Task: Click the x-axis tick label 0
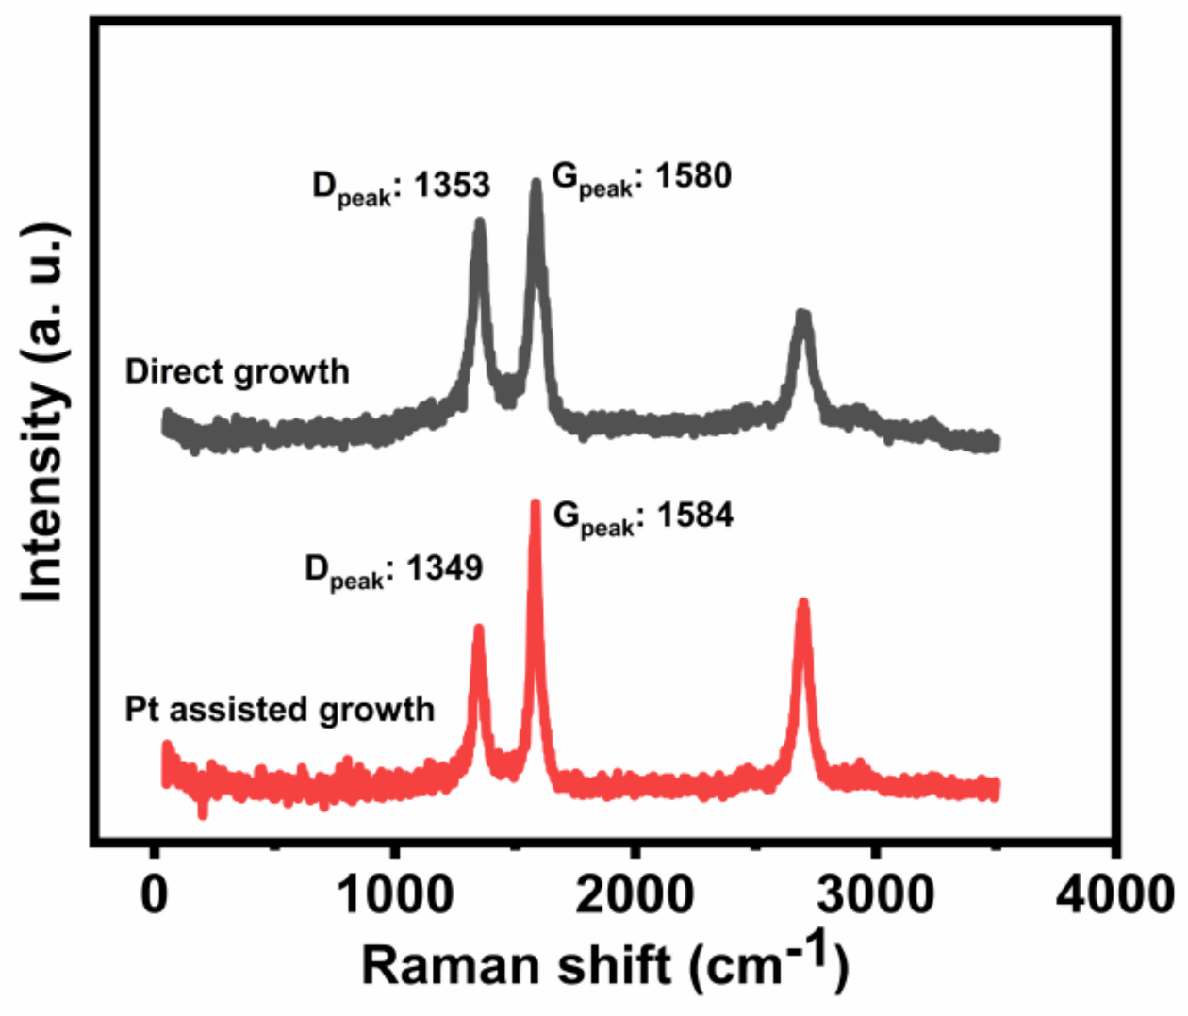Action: tap(154, 893)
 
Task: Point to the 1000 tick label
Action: tap(394, 893)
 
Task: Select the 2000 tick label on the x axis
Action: tap(635, 893)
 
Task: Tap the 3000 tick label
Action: tap(876, 893)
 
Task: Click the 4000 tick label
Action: tap(1115, 893)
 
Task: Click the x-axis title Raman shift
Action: tap(604, 964)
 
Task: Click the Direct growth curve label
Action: tap(237, 371)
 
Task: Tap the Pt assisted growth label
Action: tap(279, 709)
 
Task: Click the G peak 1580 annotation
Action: tap(641, 177)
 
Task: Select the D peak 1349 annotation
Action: tap(393, 569)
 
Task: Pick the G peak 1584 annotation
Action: tap(643, 516)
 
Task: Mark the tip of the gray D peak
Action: tap(480, 222)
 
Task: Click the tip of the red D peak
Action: tap(478, 628)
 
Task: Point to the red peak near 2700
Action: tap(803, 602)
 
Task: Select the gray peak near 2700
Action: tap(802, 314)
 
